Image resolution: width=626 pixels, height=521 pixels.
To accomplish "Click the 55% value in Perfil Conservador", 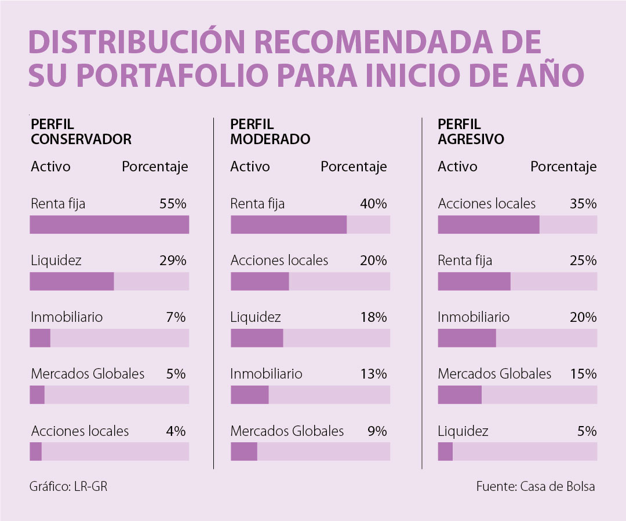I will point(172,204).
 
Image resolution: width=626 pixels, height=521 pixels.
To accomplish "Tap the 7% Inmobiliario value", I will point(176,317).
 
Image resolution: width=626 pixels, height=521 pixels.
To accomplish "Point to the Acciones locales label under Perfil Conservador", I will point(80,431).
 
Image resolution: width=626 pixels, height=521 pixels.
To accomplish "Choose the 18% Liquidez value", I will point(373,317).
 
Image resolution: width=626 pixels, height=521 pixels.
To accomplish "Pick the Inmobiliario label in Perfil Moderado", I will point(266,374).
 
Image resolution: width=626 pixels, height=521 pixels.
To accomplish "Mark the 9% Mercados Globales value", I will point(377,431).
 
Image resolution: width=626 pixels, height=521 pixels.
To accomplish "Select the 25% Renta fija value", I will point(583,260).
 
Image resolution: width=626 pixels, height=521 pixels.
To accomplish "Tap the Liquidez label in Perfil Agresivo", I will point(463,431).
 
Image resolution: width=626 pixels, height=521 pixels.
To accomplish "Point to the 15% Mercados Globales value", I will point(583,374).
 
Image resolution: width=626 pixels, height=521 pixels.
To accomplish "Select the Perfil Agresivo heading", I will point(471,132).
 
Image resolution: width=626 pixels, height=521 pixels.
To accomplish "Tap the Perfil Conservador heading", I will point(81,132).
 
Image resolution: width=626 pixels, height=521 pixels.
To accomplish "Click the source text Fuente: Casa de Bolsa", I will point(536,486).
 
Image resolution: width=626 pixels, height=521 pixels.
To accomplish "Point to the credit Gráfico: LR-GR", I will point(68,486).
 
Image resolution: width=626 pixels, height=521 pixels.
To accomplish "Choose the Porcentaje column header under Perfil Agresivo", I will point(563,167).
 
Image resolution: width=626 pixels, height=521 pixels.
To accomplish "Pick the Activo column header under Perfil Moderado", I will point(250,167).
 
